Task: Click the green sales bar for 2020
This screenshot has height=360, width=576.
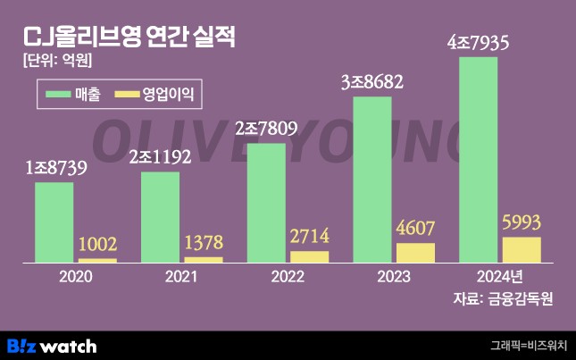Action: point(54,222)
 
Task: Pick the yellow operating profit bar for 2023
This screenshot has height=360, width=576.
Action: point(415,253)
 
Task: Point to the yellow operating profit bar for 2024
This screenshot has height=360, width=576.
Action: point(522,250)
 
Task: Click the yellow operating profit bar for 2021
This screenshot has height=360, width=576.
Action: point(204,260)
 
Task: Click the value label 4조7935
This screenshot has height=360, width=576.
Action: point(478,41)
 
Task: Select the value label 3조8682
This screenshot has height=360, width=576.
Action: point(372,82)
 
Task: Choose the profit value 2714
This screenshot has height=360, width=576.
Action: point(310,237)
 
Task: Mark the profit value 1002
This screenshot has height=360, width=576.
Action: point(97,244)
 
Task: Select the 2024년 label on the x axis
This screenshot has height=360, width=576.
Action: point(501,277)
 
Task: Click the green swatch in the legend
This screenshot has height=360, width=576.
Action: point(64,92)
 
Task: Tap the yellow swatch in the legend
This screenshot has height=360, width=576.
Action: point(130,92)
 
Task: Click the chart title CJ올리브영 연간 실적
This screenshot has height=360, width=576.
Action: point(129,37)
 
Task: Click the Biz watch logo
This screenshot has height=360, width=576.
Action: point(51,345)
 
